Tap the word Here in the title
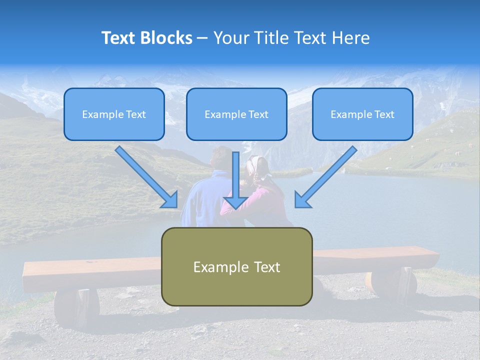click(x=351, y=37)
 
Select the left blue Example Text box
click(x=114, y=114)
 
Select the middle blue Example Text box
click(x=236, y=114)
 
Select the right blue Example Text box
click(x=363, y=114)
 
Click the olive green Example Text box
click(x=237, y=266)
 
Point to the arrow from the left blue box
click(x=146, y=177)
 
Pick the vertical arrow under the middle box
click(x=235, y=180)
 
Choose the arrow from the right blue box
click(x=326, y=177)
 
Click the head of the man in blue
click(x=221, y=158)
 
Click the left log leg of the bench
click(x=77, y=307)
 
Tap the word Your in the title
click(x=231, y=37)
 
